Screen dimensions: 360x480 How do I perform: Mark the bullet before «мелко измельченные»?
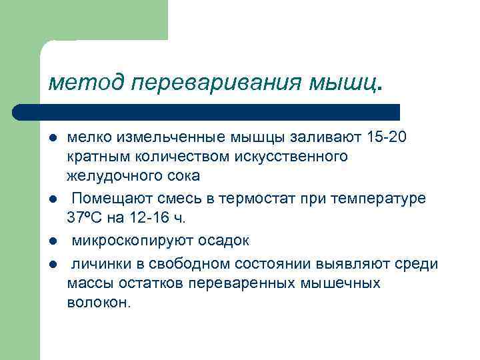point(52,138)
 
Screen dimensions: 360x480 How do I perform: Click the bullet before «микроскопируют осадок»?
point(52,240)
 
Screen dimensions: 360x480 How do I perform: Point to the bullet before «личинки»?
point(52,263)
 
